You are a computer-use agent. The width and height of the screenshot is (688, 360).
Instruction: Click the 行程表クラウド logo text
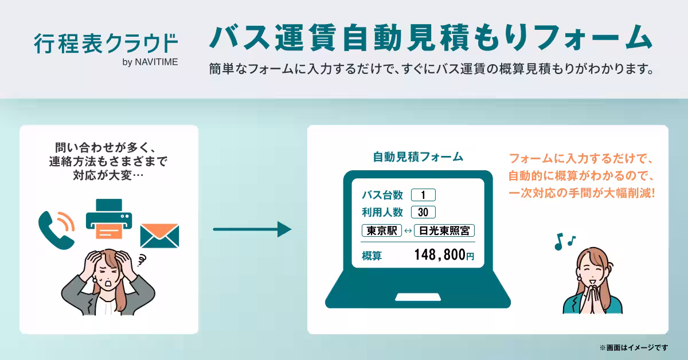(105, 44)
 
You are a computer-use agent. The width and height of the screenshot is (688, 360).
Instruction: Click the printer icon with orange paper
(109, 220)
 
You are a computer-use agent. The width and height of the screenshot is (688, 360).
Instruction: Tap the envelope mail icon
(160, 235)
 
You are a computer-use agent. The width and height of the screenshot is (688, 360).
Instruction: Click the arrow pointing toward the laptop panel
(252, 230)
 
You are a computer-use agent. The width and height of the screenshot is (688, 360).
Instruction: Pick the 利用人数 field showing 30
(423, 212)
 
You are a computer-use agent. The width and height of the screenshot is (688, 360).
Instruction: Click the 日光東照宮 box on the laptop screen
(444, 231)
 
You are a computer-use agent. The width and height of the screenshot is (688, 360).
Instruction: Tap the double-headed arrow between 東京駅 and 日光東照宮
(408, 231)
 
